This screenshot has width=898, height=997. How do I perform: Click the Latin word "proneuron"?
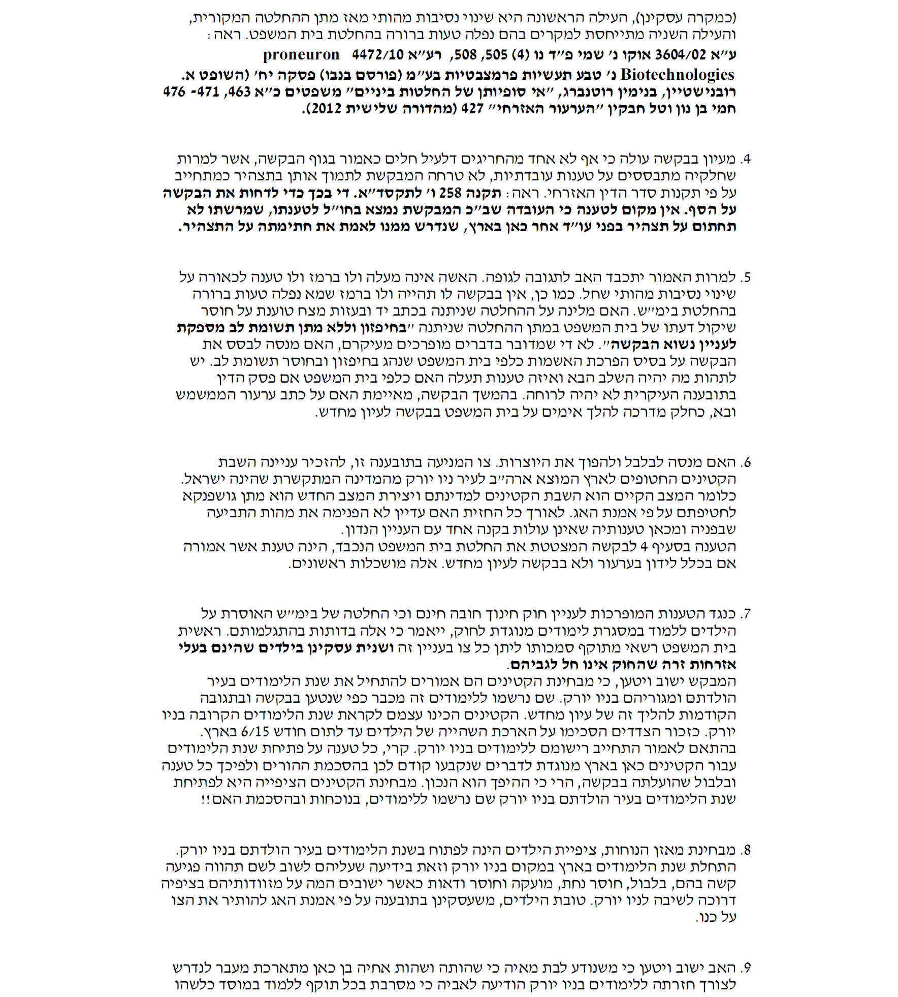(301, 54)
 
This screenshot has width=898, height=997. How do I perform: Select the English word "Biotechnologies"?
(678, 75)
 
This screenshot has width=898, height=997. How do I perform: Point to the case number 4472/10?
(376, 54)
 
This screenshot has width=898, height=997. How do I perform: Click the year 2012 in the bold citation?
(323, 109)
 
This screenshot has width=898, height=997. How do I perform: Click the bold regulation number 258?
(451, 193)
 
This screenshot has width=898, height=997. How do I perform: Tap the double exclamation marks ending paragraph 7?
(205, 799)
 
